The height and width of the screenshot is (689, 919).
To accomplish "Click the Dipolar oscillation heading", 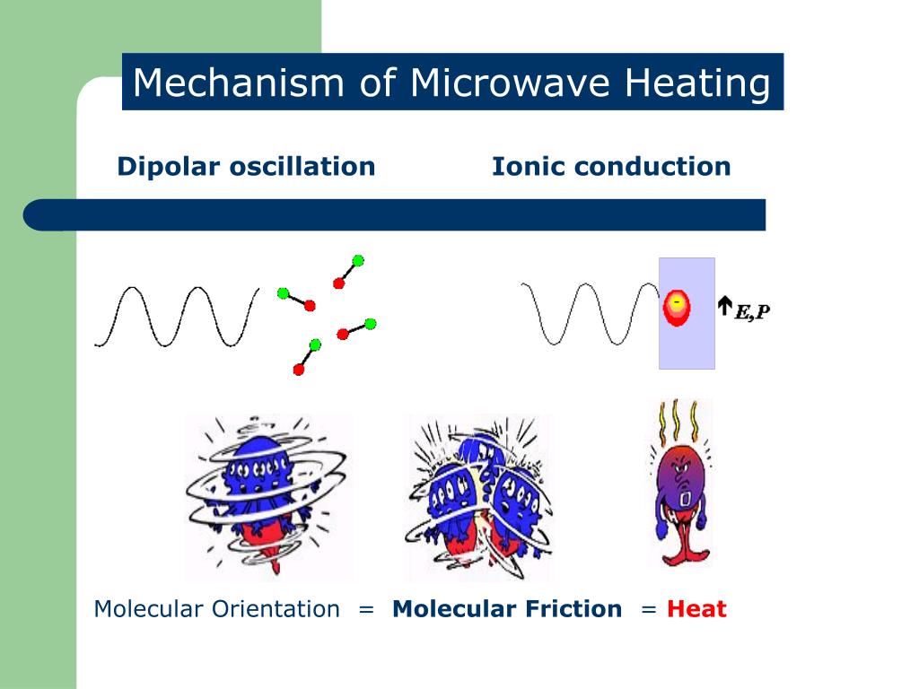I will coord(246,166).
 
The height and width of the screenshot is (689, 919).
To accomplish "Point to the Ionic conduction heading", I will coord(611,166).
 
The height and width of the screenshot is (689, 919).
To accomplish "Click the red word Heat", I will coord(696,609).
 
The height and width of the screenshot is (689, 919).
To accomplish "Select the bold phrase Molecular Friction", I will coord(507,609).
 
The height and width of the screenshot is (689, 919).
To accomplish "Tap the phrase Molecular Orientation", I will coord(217,609).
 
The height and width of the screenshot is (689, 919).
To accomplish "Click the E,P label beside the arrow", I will coord(752,311).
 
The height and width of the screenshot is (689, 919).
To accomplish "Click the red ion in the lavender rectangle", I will coord(677,305).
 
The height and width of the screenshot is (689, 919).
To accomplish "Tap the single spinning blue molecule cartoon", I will coord(267,496).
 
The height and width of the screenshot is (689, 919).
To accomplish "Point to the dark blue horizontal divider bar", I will coord(395,215).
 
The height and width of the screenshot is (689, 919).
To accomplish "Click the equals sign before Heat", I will coord(649,609).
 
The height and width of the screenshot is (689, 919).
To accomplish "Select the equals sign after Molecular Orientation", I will coord(365,609).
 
